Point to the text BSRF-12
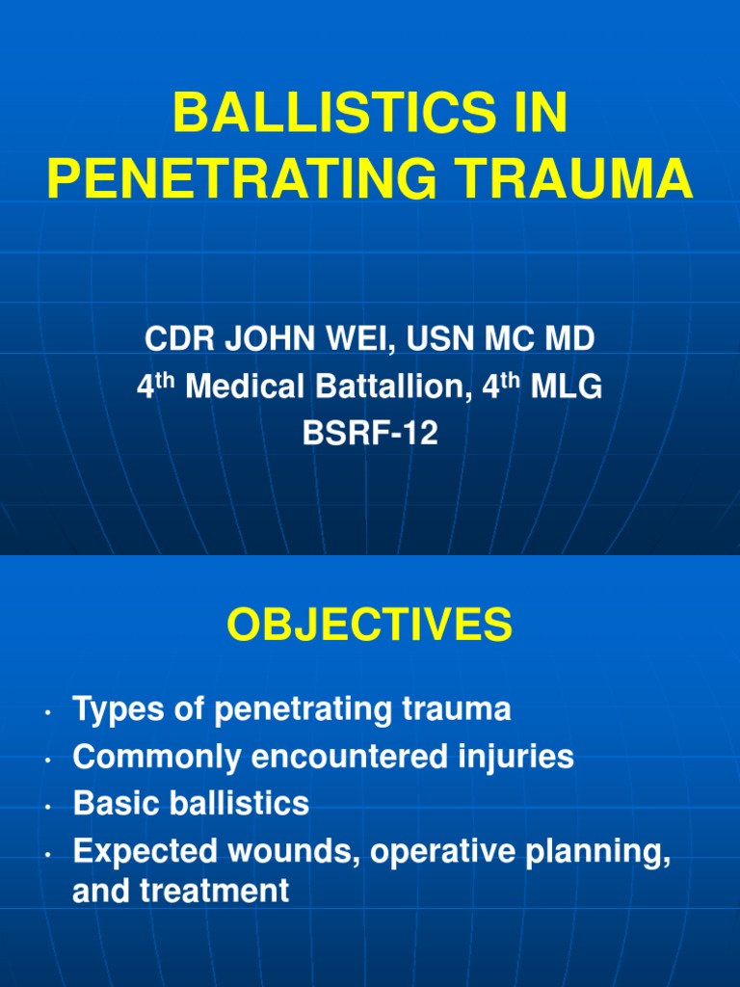[x=370, y=433]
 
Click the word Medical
[x=241, y=387]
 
